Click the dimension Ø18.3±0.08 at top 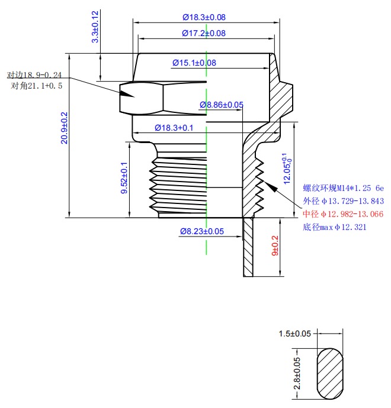[x=204, y=18]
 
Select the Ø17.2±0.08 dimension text [x=203, y=33]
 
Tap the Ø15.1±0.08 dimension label [x=194, y=62]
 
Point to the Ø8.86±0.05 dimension [x=222, y=105]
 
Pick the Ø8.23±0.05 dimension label [x=202, y=232]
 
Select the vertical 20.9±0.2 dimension [x=65, y=128]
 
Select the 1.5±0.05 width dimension [x=295, y=333]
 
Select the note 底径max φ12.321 [x=334, y=227]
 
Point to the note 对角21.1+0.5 [x=37, y=86]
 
